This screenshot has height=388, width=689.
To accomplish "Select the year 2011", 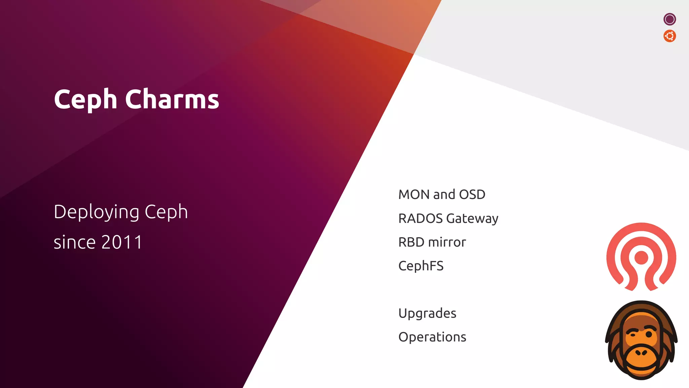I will (122, 242).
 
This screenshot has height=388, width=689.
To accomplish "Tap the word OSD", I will (472, 195).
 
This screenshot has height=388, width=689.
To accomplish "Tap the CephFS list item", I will (421, 266).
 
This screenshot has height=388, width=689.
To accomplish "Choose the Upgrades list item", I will (427, 314).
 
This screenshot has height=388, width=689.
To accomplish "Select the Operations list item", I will (432, 337).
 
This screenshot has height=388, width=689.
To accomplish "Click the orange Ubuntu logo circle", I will (669, 36).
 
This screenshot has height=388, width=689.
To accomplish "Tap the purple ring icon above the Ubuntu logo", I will (669, 19).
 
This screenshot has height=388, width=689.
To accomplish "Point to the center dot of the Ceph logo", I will (641, 258).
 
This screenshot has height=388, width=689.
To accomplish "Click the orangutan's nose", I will (641, 353).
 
